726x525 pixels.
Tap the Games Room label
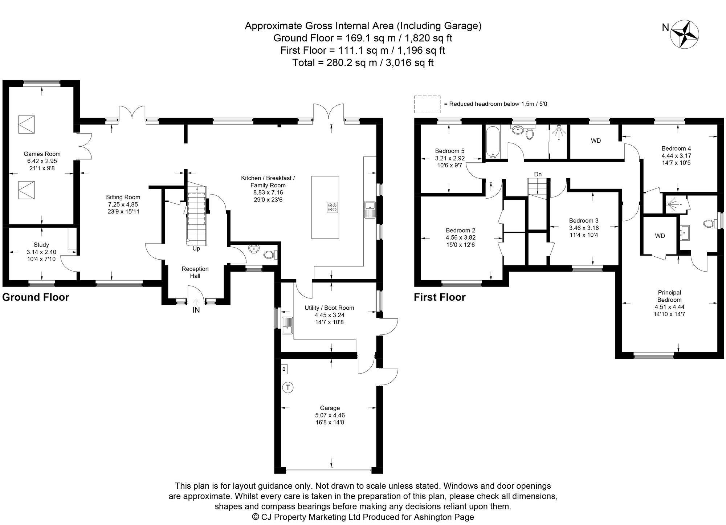tap(42, 154)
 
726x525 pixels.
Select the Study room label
tap(41, 245)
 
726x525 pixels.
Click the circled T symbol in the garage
tap(288, 388)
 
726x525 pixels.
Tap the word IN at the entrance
tap(196, 310)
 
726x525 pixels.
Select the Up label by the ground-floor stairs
tap(196, 249)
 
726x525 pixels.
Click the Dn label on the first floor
tap(538, 174)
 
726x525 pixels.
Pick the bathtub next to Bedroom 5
tap(493, 142)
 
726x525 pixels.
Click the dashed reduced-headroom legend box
tap(427, 104)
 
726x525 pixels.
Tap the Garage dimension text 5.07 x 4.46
tap(330, 415)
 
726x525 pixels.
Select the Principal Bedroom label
tap(669, 296)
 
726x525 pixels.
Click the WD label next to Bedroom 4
tap(596, 141)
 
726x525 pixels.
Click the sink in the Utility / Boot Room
tap(287, 325)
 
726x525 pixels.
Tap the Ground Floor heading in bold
tap(36, 297)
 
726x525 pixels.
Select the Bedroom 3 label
tap(584, 221)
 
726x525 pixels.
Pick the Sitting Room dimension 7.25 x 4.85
tap(123, 204)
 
